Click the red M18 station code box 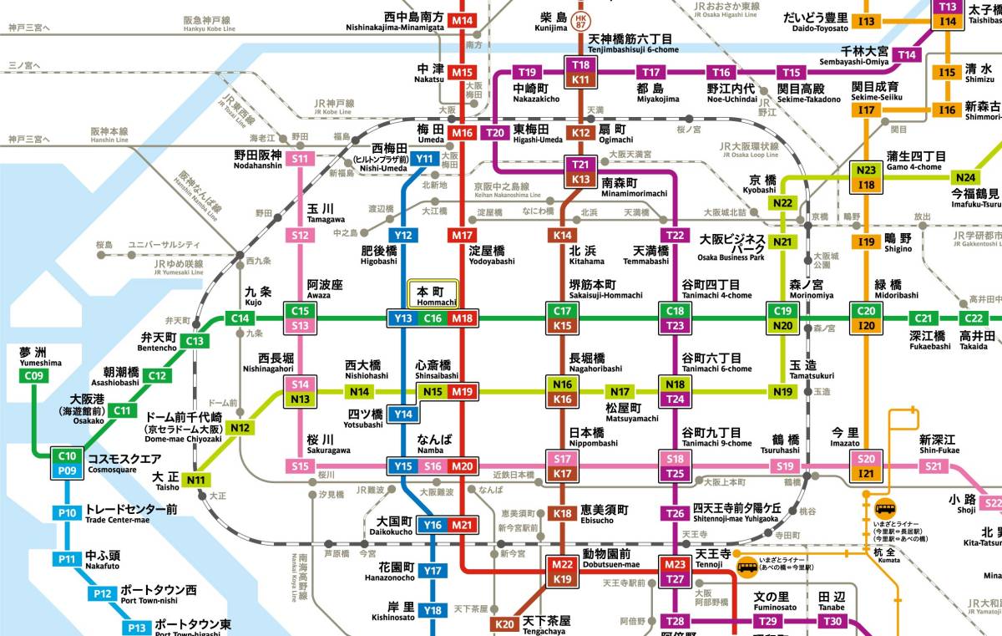(x=462, y=318)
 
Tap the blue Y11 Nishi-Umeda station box (x=426, y=159)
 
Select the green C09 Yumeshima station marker (x=34, y=376)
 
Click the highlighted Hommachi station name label (x=433, y=294)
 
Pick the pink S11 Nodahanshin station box (x=301, y=159)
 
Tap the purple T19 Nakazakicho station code (x=528, y=72)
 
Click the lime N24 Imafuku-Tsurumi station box (x=966, y=177)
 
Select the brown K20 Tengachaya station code (x=504, y=624)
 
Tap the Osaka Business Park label (x=732, y=248)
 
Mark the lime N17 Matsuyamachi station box (x=620, y=392)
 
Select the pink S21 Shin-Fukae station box (x=935, y=466)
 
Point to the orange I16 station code (x=946, y=110)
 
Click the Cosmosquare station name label (x=124, y=460)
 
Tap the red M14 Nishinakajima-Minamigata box (x=462, y=20)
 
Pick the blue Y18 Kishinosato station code (x=432, y=610)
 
